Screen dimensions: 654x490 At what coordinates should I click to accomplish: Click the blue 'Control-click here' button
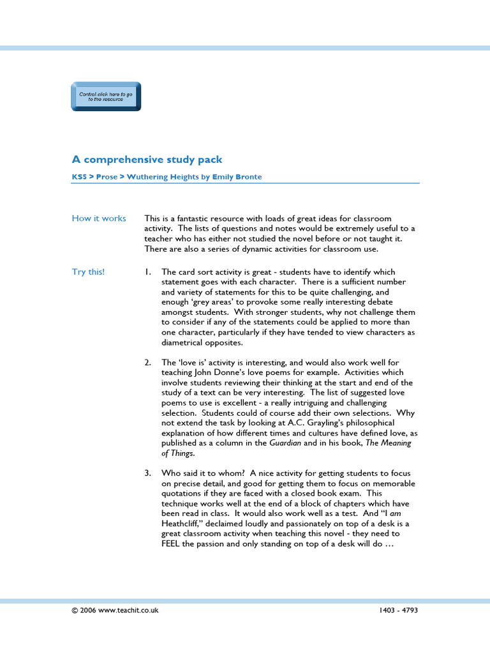(106, 96)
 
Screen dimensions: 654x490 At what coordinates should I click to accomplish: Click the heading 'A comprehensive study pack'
(147, 160)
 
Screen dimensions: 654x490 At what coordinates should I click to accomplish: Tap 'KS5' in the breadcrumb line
(78, 177)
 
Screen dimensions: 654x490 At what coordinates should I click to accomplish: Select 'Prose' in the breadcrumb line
(107, 177)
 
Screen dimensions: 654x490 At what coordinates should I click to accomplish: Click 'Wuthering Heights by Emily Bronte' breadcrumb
(194, 177)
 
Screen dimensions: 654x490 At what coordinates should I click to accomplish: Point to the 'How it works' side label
(99, 218)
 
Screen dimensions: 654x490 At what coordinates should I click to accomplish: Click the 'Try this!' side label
(88, 272)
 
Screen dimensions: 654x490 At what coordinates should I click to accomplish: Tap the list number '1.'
(147, 272)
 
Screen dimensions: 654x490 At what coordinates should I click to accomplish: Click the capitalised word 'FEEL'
(172, 544)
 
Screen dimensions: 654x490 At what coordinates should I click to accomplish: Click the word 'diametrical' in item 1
(183, 342)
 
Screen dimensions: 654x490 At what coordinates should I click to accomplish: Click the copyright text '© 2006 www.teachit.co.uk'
(115, 610)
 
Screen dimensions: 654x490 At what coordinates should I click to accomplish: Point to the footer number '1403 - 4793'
(398, 610)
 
